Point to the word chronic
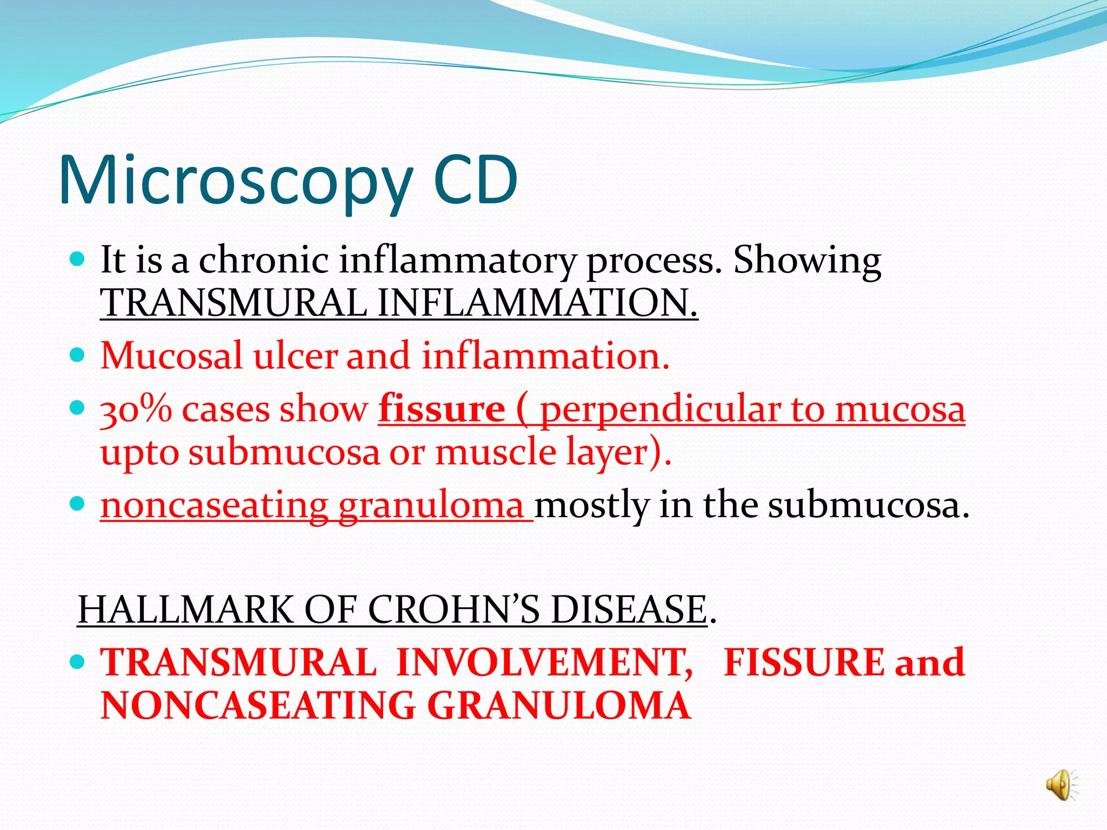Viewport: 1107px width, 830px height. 263,260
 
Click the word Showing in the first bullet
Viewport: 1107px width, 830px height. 806,260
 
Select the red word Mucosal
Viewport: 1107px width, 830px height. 171,356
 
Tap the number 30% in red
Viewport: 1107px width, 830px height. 136,409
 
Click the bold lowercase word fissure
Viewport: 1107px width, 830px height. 442,409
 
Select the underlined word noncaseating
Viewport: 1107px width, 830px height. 214,506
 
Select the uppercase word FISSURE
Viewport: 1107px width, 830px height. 804,662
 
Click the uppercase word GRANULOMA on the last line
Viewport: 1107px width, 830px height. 559,706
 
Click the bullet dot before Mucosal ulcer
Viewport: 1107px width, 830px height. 78,355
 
